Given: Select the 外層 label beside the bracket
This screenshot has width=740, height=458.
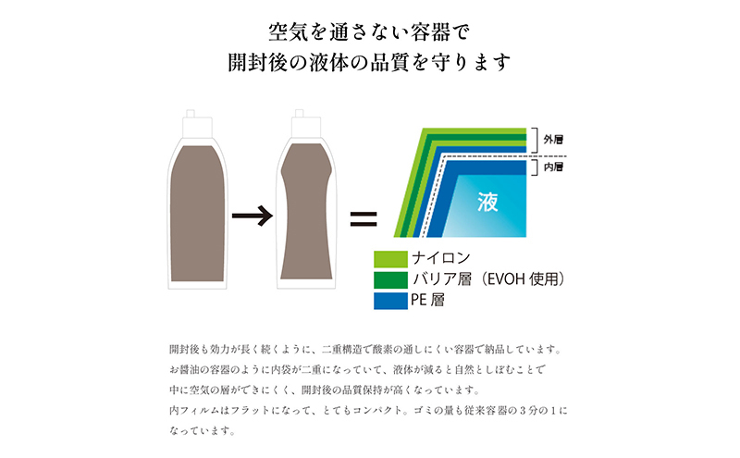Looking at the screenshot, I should coord(553,140).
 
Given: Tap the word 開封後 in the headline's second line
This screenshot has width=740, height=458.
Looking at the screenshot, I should coord(260,64).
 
